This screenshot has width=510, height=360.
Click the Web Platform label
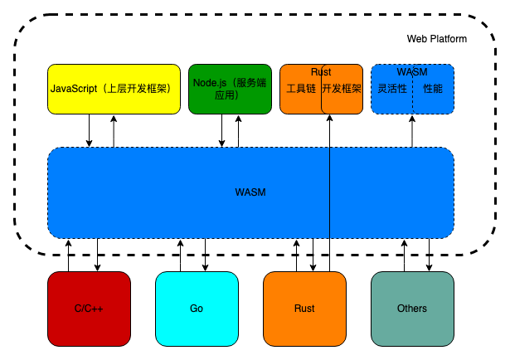(x=436, y=39)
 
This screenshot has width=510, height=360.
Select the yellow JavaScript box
(x=114, y=89)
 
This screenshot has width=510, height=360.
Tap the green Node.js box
(x=230, y=89)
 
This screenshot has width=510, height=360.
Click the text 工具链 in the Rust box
(x=301, y=89)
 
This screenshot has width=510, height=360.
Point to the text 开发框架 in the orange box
(x=342, y=89)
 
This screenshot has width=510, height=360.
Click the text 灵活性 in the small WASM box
(x=392, y=89)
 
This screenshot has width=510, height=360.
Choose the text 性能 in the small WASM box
(x=433, y=89)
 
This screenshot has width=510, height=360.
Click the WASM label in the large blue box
(x=250, y=192)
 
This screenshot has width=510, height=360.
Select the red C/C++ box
(x=89, y=309)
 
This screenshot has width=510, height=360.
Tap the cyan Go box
(x=197, y=309)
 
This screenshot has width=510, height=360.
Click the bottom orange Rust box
(x=304, y=309)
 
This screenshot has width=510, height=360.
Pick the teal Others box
(x=412, y=309)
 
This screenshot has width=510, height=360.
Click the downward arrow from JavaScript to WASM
(x=89, y=130)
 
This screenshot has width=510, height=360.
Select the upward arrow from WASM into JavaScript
(x=114, y=131)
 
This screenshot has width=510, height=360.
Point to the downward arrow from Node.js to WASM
(x=221, y=130)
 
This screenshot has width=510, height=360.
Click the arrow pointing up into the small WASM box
(x=412, y=131)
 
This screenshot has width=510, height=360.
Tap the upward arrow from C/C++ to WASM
(x=68, y=255)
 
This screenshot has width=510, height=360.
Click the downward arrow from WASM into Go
(x=205, y=255)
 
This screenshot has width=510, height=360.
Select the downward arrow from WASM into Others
(x=429, y=255)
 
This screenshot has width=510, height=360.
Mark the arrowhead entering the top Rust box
(x=329, y=118)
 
